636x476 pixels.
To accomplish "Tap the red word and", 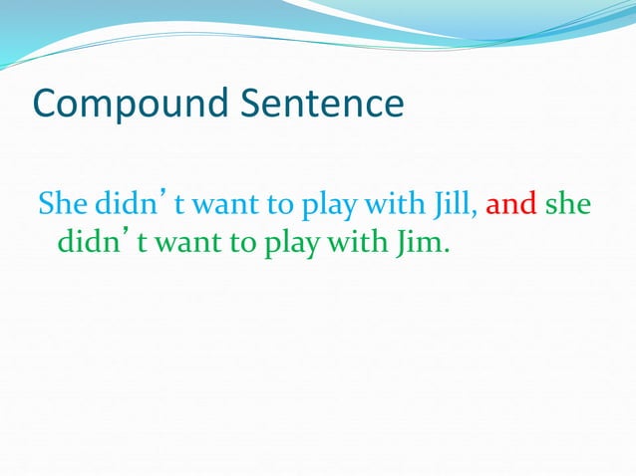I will point(511,204).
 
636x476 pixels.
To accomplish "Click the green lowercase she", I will point(568,205).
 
